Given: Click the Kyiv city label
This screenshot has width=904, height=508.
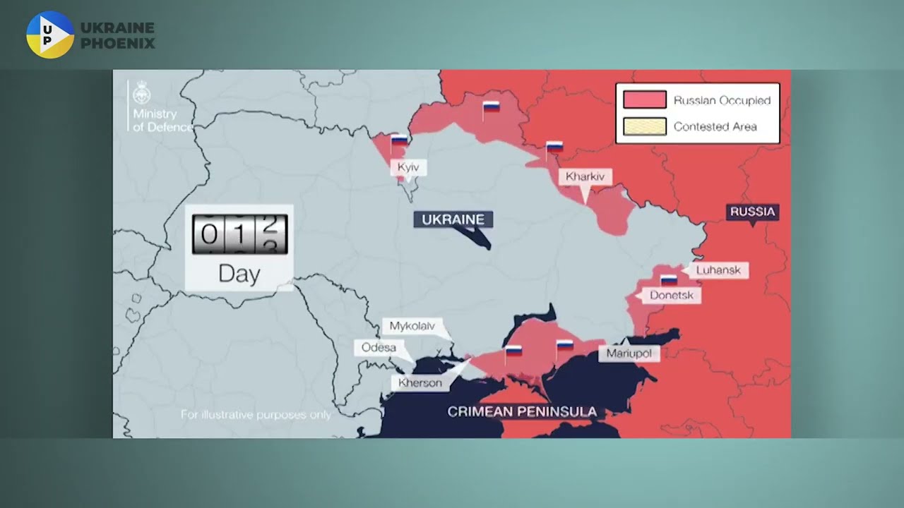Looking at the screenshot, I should point(408,168).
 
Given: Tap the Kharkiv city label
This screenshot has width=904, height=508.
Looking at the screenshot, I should point(585,176).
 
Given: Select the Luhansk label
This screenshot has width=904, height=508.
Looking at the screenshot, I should point(718,270).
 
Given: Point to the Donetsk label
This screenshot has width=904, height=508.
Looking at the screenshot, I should point(672,295).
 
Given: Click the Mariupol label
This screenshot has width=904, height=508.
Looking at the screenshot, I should point(629,353).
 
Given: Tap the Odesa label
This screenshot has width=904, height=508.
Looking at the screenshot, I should point(379,347).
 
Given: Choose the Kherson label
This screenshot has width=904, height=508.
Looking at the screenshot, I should point(420,383).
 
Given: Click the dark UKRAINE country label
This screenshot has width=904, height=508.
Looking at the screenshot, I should point(453,219).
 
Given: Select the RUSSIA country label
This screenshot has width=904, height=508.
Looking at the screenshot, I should point(752,212).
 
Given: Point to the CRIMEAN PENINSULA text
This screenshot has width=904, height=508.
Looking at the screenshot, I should point(522,411).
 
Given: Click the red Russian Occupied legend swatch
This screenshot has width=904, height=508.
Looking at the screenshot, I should point(644,100).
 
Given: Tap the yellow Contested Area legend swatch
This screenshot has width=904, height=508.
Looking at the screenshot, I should point(644,127).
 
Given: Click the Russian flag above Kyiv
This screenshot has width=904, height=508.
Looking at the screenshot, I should point(400,140).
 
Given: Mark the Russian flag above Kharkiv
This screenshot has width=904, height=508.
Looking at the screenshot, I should point(554,147).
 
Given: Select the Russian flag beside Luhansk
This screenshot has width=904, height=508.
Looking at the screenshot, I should point(669,279).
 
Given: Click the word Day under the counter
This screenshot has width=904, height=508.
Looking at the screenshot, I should point(239,274).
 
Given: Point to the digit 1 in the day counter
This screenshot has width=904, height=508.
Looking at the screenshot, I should point(239,235).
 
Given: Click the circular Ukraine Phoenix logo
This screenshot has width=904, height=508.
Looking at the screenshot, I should point(50,34).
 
